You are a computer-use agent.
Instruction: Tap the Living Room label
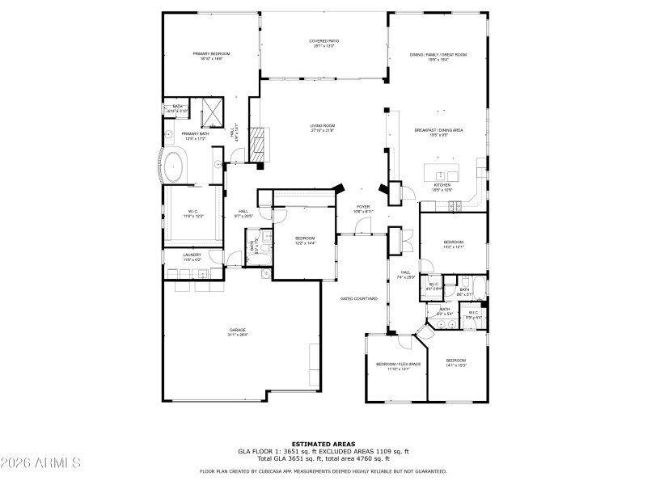(322, 125)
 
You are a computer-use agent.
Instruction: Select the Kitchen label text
(442, 185)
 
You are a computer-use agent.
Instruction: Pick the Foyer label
(363, 207)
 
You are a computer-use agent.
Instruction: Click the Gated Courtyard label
(359, 298)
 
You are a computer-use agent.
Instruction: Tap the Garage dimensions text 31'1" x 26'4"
(237, 334)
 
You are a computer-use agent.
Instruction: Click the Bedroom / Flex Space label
(398, 364)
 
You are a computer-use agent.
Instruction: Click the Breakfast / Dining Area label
(438, 130)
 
